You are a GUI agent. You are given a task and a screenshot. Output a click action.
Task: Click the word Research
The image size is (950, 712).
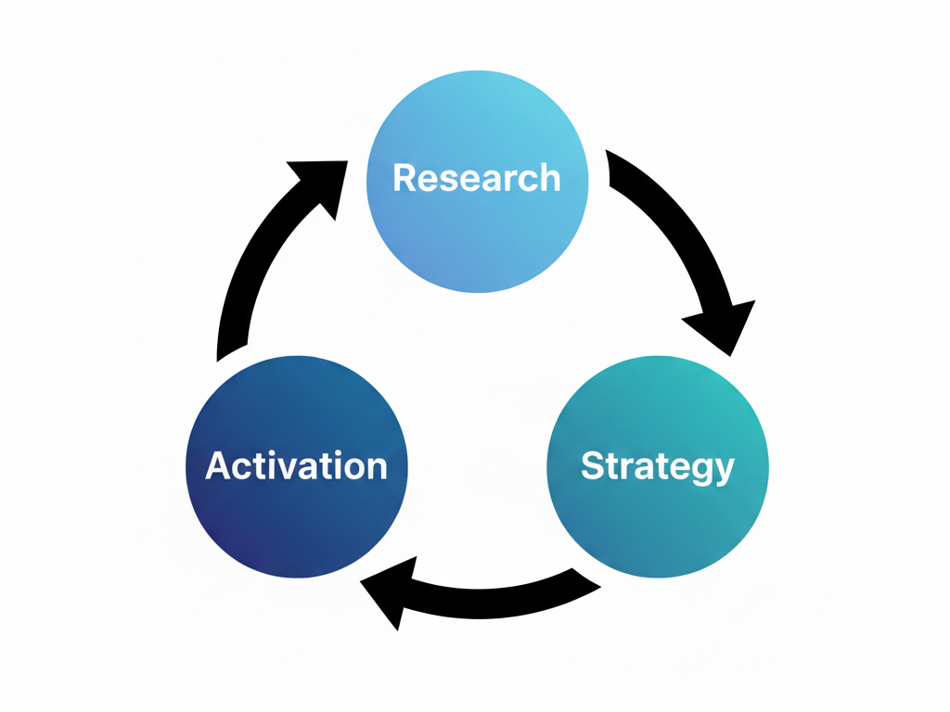click(477, 177)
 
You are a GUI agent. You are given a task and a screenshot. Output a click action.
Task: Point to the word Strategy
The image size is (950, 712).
click(657, 465)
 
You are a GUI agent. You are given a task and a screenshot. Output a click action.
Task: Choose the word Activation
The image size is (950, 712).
click(296, 465)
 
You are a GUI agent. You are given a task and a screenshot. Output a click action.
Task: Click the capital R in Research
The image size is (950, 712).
click(404, 177)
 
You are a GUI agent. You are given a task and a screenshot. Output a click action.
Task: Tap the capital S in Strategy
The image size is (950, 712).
click(592, 465)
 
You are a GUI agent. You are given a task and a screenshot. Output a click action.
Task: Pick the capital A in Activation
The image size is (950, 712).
click(216, 465)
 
